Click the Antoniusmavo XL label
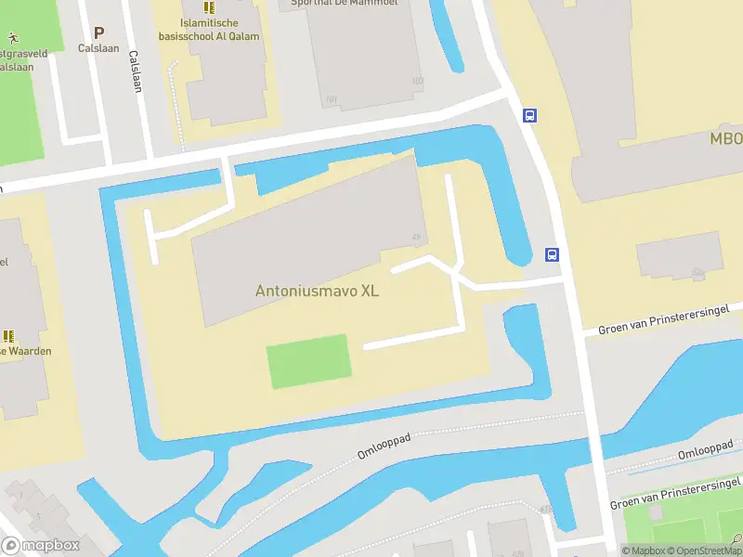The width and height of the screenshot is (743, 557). pyautogui.click(x=317, y=291)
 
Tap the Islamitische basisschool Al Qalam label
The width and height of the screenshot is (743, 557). pyautogui.click(x=208, y=30)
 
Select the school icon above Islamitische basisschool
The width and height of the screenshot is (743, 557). pyautogui.click(x=208, y=7)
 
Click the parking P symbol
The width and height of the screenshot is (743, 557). pyautogui.click(x=98, y=32)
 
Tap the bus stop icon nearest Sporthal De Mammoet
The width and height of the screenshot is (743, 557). pyautogui.click(x=529, y=116)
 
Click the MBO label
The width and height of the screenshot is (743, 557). pyautogui.click(x=726, y=139)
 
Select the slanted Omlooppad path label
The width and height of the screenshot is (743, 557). pyautogui.click(x=383, y=447)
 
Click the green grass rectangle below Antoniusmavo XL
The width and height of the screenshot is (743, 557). pyautogui.click(x=308, y=361)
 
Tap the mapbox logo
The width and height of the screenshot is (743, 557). pyautogui.click(x=41, y=546)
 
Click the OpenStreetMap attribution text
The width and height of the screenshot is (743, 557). pyautogui.click(x=699, y=551)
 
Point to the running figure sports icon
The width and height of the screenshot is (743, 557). pyautogui.click(x=13, y=39)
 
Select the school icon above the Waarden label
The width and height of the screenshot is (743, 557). pyautogui.click(x=9, y=335)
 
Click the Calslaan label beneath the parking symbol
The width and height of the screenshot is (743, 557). pyautogui.click(x=98, y=48)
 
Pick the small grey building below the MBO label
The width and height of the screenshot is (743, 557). pyautogui.click(x=680, y=255)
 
